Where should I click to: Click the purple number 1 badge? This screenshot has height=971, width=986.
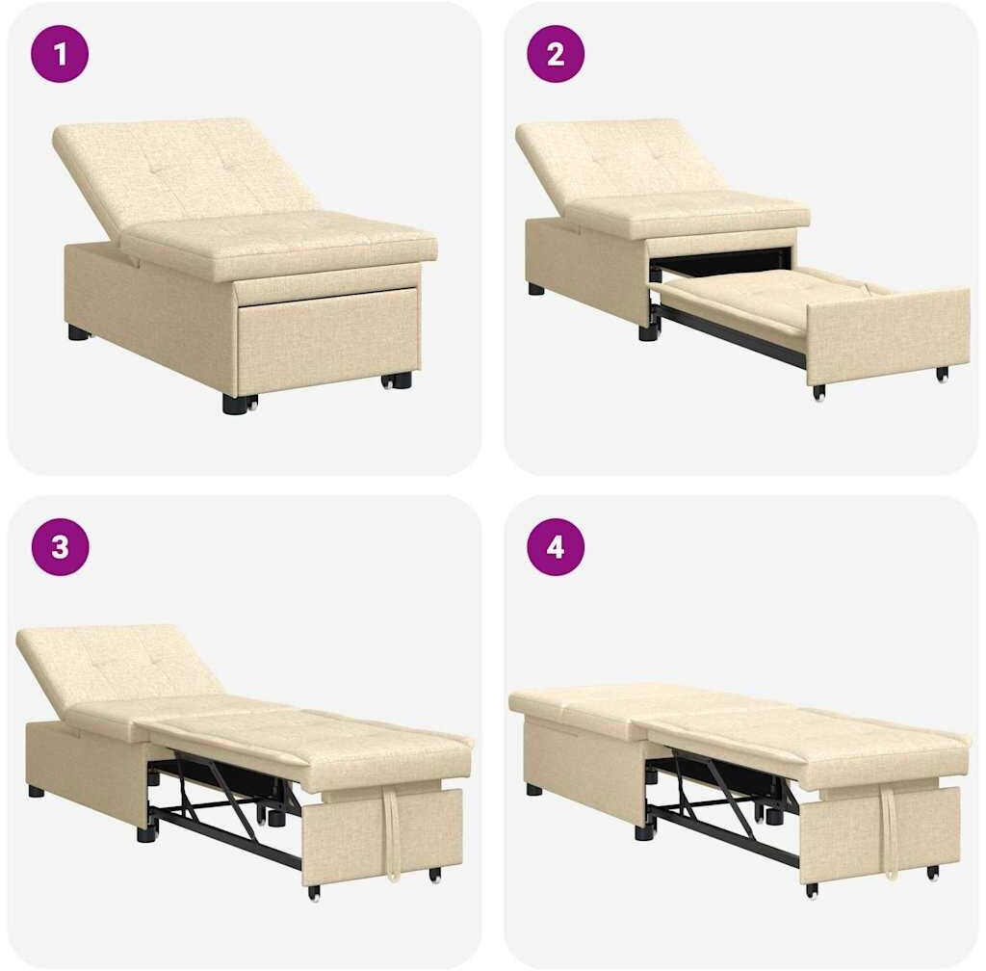point(60,54)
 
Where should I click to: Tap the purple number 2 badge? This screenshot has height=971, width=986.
point(556,54)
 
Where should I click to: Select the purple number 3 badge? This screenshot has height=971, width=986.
point(61,546)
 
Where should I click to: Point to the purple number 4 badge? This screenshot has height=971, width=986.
point(556,546)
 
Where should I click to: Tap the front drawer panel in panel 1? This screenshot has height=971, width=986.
point(327,340)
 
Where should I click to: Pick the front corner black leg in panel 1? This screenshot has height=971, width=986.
point(236,402)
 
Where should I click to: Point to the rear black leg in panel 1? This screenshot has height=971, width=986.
point(78,332)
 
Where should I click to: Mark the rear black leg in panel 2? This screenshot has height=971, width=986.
point(536,289)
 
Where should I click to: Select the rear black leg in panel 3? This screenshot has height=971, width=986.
point(37,791)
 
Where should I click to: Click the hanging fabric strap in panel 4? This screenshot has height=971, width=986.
point(891,833)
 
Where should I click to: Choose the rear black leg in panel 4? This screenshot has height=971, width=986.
point(534,789)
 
